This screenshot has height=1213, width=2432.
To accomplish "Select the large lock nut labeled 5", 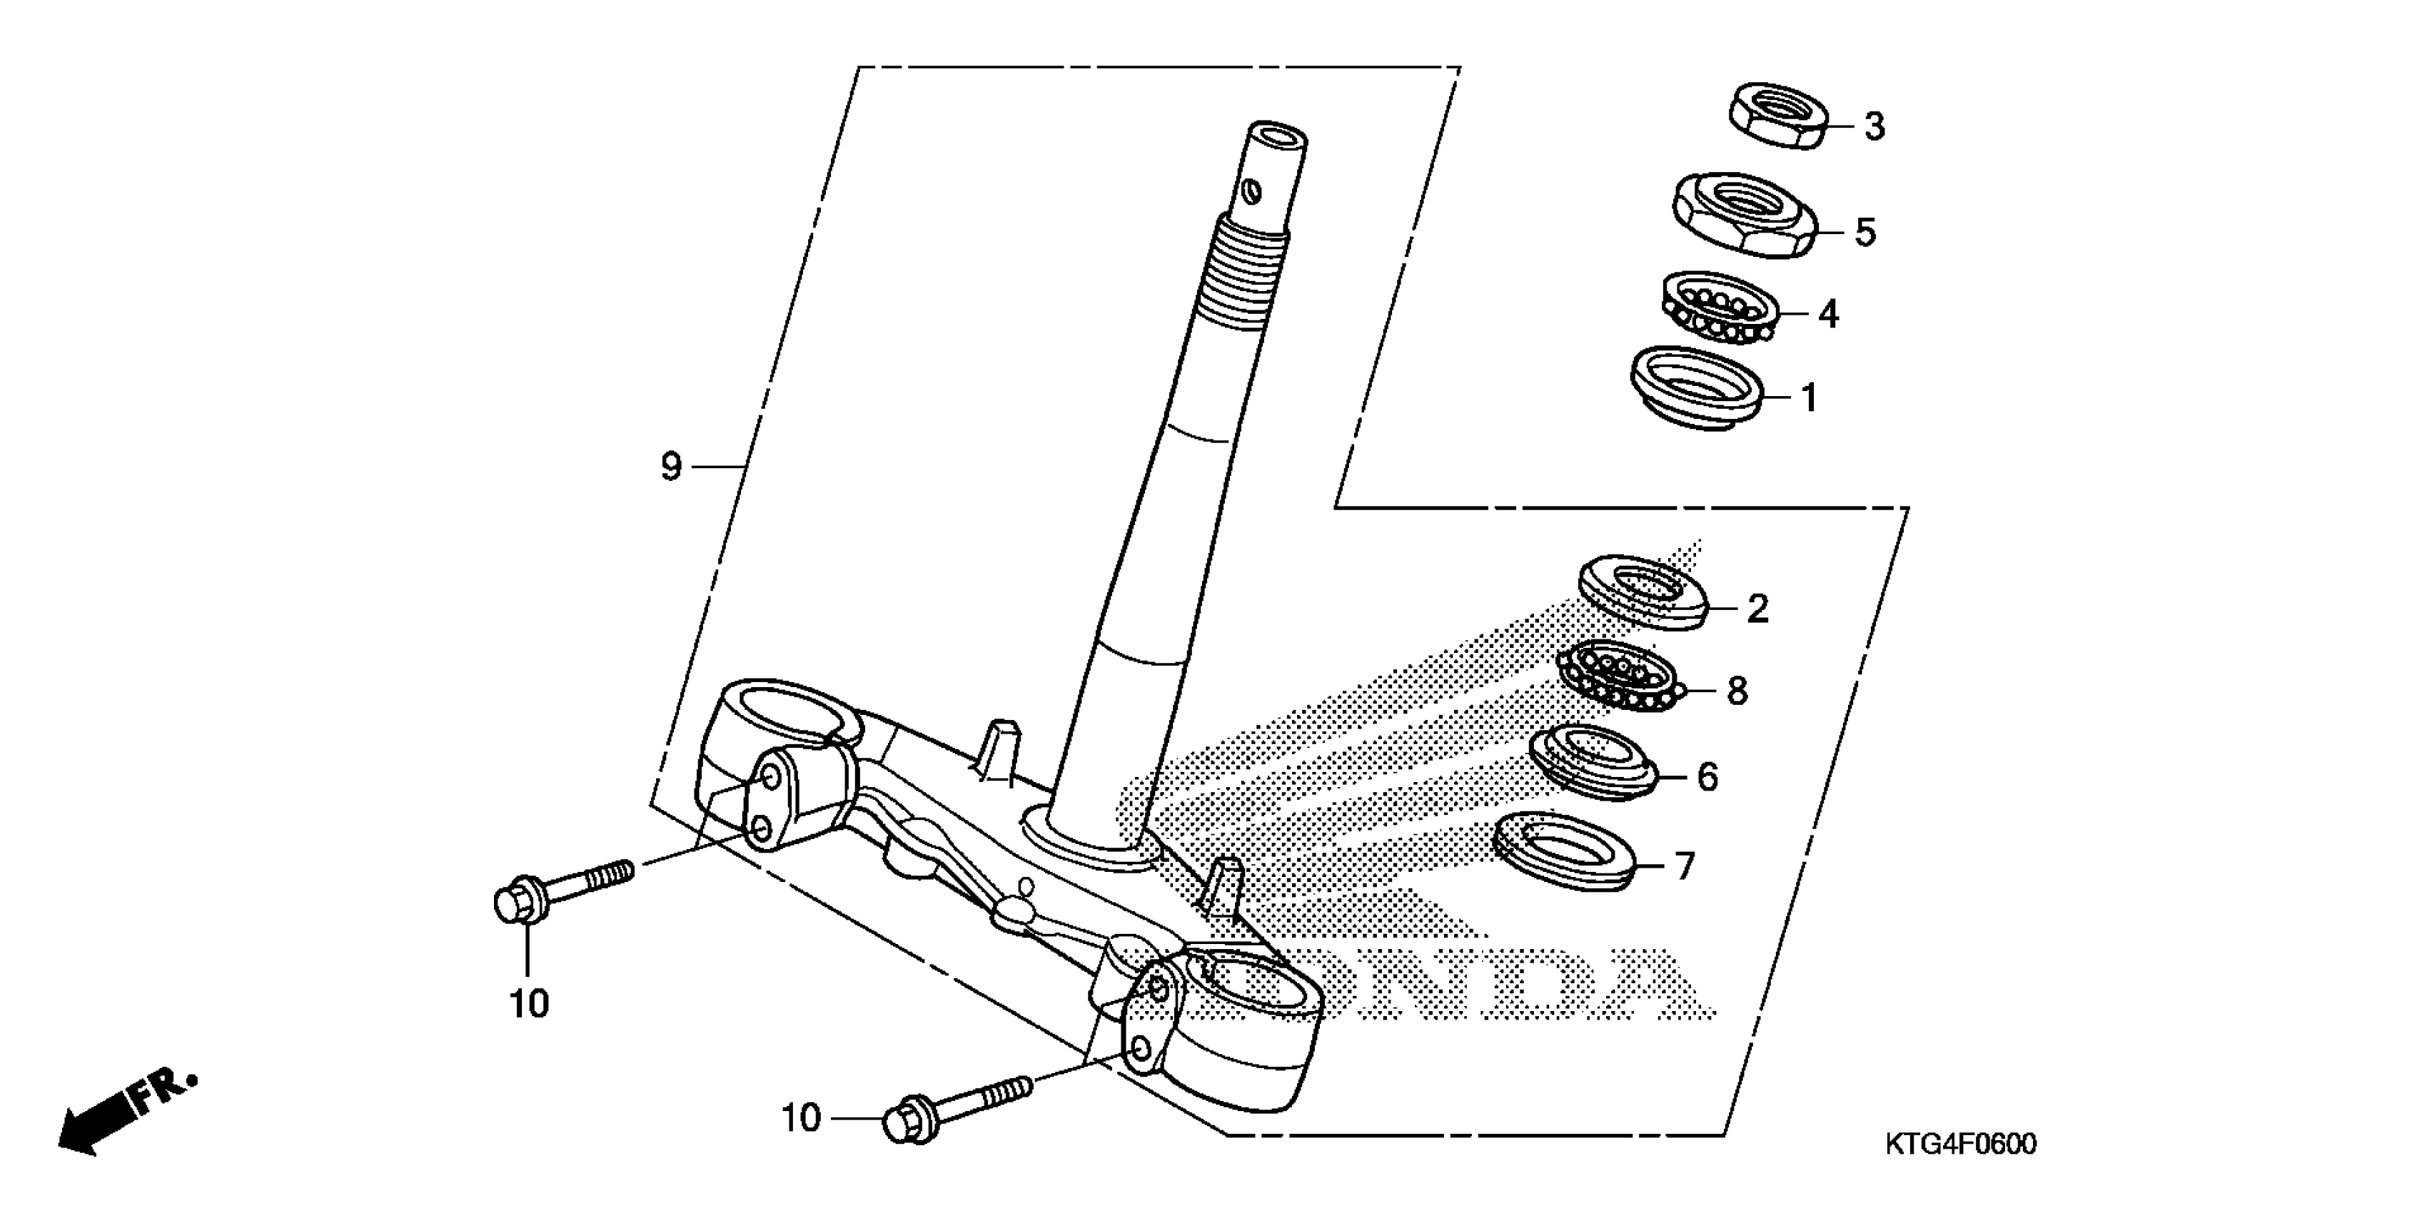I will click(x=1745, y=216).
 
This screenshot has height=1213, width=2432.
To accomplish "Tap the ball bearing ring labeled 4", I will click(x=1719, y=309).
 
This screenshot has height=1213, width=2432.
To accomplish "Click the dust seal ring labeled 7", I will click(x=1565, y=853).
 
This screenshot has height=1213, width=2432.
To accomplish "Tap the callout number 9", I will click(x=670, y=467).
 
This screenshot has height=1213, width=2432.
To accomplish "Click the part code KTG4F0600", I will click(x=1961, y=1144).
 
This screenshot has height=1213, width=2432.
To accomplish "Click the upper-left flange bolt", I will click(x=562, y=888).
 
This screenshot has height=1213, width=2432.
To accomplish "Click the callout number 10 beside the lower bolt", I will click(x=801, y=1119).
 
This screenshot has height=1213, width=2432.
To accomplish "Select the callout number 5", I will click(x=1865, y=232).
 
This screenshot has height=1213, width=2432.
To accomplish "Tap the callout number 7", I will click(x=1685, y=866).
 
